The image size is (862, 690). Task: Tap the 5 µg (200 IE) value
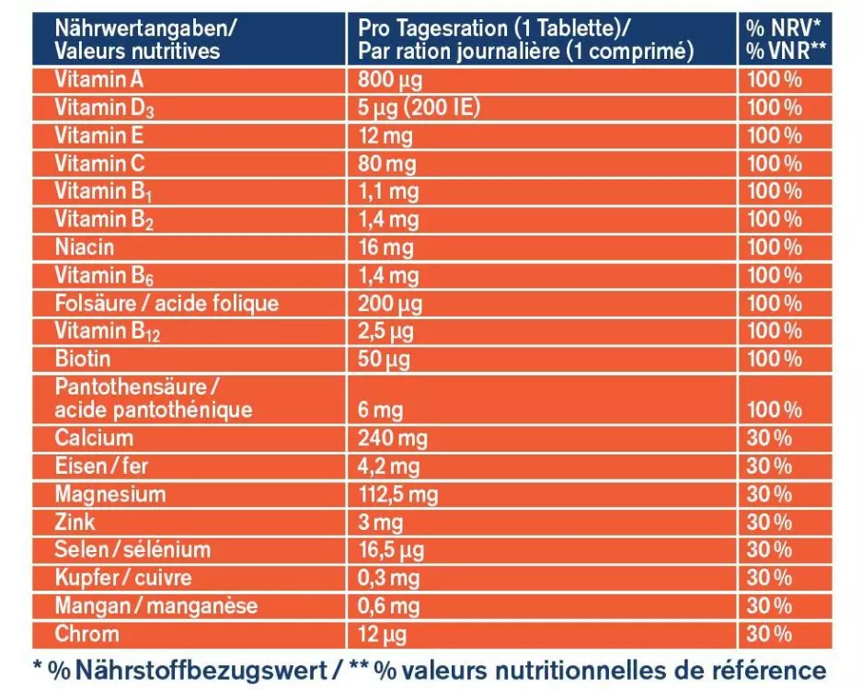click(420, 108)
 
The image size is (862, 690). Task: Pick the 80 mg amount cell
click(387, 164)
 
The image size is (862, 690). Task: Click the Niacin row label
click(85, 247)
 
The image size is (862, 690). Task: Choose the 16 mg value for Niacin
click(387, 247)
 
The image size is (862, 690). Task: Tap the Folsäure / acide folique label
click(167, 303)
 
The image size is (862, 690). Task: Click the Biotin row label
click(83, 358)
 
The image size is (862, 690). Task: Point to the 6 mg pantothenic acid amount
click(380, 409)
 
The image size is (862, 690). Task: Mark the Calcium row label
click(94, 438)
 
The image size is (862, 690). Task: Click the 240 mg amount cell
click(393, 438)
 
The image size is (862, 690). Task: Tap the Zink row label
click(75, 522)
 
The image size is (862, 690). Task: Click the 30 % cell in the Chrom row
click(770, 634)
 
